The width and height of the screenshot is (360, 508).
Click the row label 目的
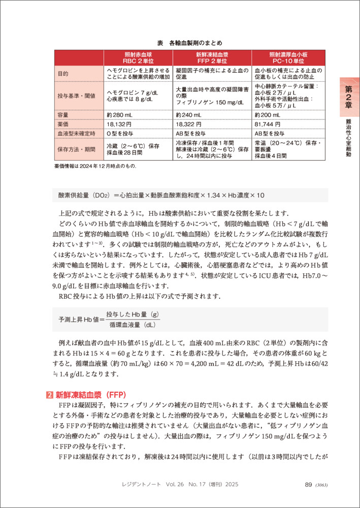(x=63, y=74)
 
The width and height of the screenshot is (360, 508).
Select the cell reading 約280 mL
(x=120, y=115)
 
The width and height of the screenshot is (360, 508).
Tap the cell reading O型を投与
(x=121, y=133)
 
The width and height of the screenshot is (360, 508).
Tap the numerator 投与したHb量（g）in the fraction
(x=132, y=315)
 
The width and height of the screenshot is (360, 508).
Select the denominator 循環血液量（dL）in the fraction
(x=132, y=324)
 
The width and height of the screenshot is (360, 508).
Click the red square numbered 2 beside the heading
(x=49, y=394)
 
